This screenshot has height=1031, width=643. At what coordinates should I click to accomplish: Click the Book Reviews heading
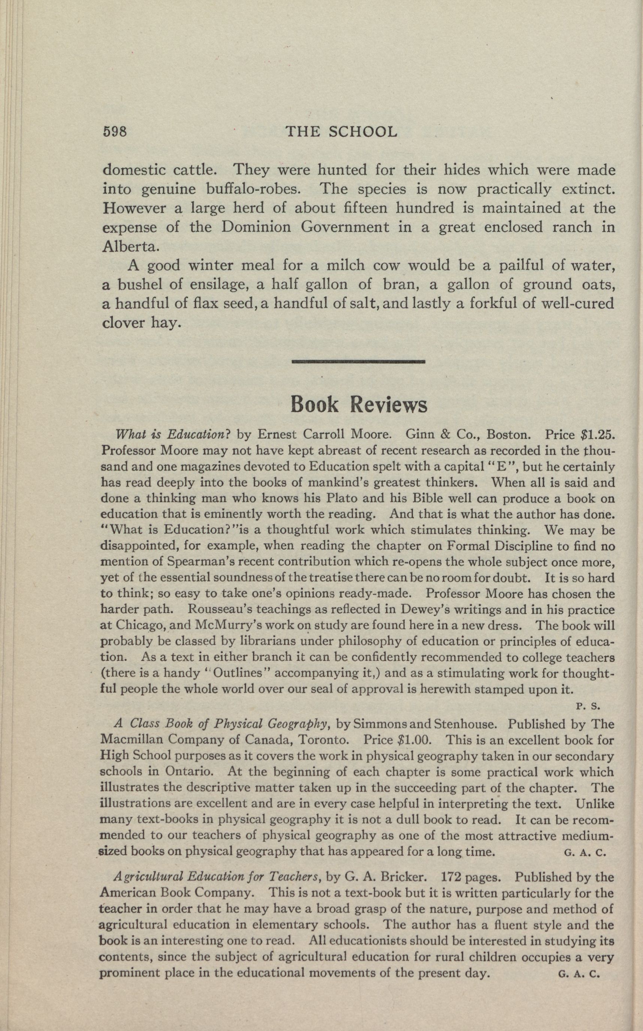(x=359, y=405)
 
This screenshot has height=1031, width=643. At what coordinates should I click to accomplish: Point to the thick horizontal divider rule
(x=359, y=362)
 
